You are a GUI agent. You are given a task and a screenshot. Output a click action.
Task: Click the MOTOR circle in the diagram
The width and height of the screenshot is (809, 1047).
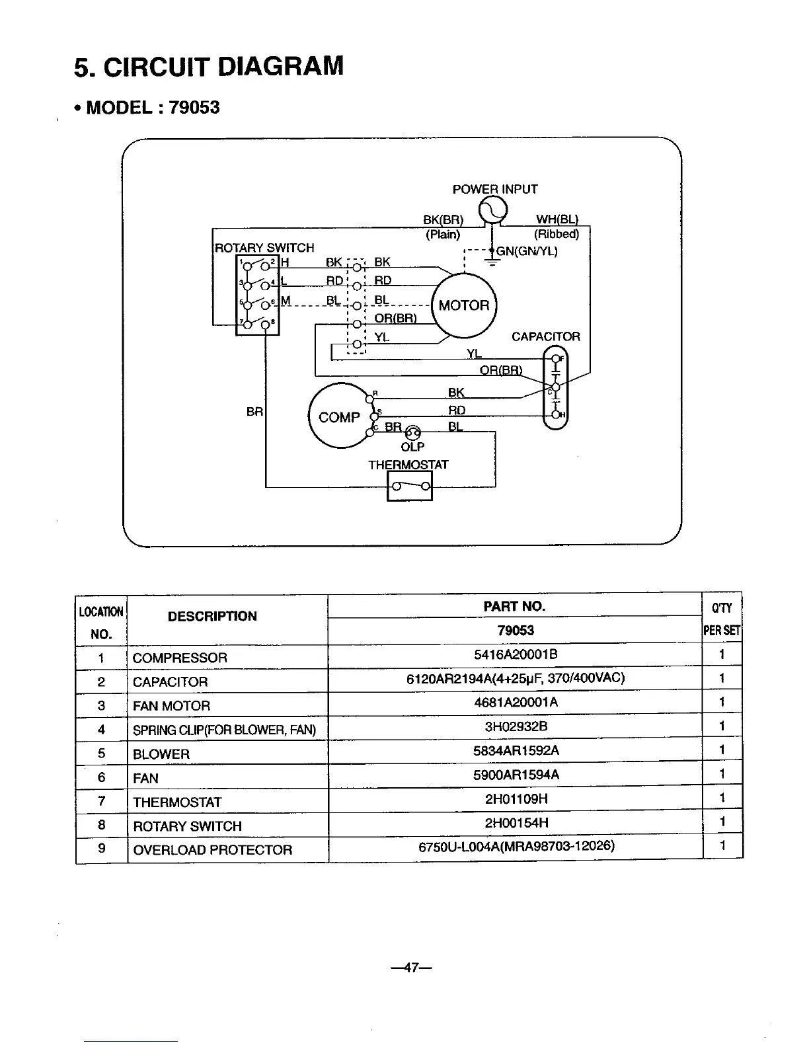(464, 305)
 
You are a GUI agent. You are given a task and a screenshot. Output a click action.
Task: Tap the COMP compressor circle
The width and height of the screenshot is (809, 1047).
(339, 417)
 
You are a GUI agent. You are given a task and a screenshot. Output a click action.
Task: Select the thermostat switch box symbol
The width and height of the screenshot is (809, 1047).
(410, 488)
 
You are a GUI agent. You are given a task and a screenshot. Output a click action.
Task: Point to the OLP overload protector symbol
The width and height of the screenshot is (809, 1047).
(412, 432)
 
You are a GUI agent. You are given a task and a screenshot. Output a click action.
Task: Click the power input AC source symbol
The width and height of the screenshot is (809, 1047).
(492, 211)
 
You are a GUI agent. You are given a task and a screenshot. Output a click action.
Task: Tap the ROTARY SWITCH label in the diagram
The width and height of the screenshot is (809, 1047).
(265, 248)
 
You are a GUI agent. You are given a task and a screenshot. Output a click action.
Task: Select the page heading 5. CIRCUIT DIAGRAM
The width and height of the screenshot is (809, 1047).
(209, 67)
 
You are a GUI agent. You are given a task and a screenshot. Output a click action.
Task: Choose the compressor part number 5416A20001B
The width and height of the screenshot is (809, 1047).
(516, 654)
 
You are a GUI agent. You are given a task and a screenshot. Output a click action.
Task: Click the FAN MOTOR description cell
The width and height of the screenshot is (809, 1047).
(172, 706)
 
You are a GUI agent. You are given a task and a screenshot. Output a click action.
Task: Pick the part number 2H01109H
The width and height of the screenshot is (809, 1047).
(516, 799)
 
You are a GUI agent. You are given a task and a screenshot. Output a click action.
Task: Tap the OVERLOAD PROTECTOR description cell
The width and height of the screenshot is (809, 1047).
(212, 850)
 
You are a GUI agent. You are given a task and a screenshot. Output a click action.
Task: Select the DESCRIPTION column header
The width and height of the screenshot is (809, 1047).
(212, 617)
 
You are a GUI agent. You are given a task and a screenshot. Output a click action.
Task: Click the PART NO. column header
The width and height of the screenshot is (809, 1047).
(515, 606)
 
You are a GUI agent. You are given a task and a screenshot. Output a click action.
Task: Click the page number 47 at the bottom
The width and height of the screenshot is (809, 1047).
(411, 968)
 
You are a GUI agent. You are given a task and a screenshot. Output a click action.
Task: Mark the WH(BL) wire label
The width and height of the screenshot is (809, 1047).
(557, 219)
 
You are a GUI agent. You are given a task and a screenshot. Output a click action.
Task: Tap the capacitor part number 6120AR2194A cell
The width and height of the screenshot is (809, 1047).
(516, 678)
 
